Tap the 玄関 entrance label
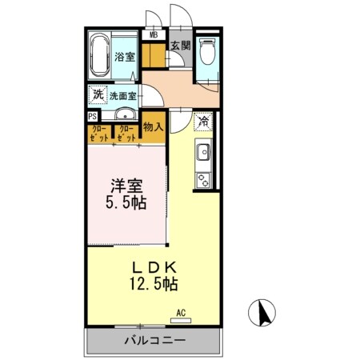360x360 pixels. coord(179,46)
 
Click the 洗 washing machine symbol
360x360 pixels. coord(98,93)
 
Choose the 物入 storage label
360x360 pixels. coord(153,126)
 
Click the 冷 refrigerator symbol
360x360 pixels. coord(203,122)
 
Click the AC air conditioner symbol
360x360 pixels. coord(181,315)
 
